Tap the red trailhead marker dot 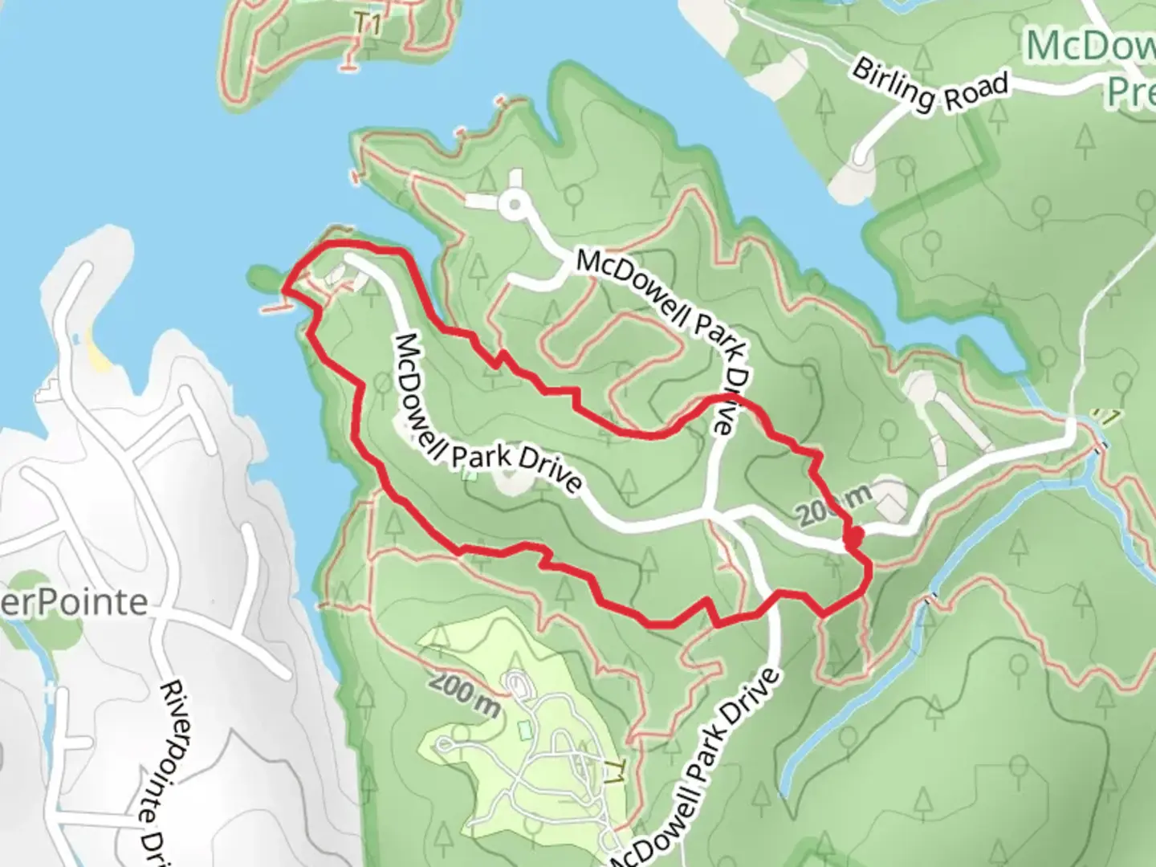[x=853, y=535]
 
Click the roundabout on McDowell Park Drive [x=514, y=206]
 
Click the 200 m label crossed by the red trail [x=835, y=507]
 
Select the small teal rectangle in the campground [x=525, y=730]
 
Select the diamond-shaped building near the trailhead [x=889, y=503]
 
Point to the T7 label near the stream [x=1108, y=417]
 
